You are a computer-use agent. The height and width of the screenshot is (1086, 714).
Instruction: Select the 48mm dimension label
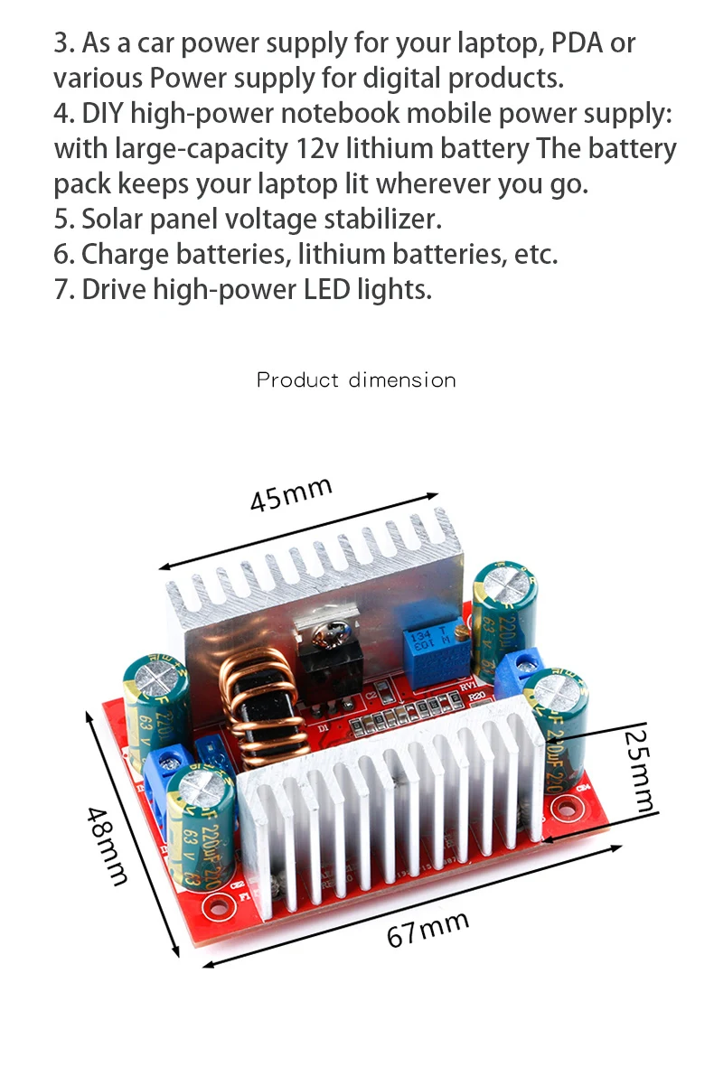tap(107, 844)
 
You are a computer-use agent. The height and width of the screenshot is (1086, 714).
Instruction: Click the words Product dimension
tap(356, 379)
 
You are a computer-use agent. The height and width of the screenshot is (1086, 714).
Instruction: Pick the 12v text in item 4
tap(315, 148)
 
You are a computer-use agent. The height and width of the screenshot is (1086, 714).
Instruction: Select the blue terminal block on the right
tap(523, 669)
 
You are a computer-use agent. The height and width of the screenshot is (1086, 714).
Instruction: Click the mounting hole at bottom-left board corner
tap(216, 904)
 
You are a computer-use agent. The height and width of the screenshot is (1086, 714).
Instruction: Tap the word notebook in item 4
tap(343, 113)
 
